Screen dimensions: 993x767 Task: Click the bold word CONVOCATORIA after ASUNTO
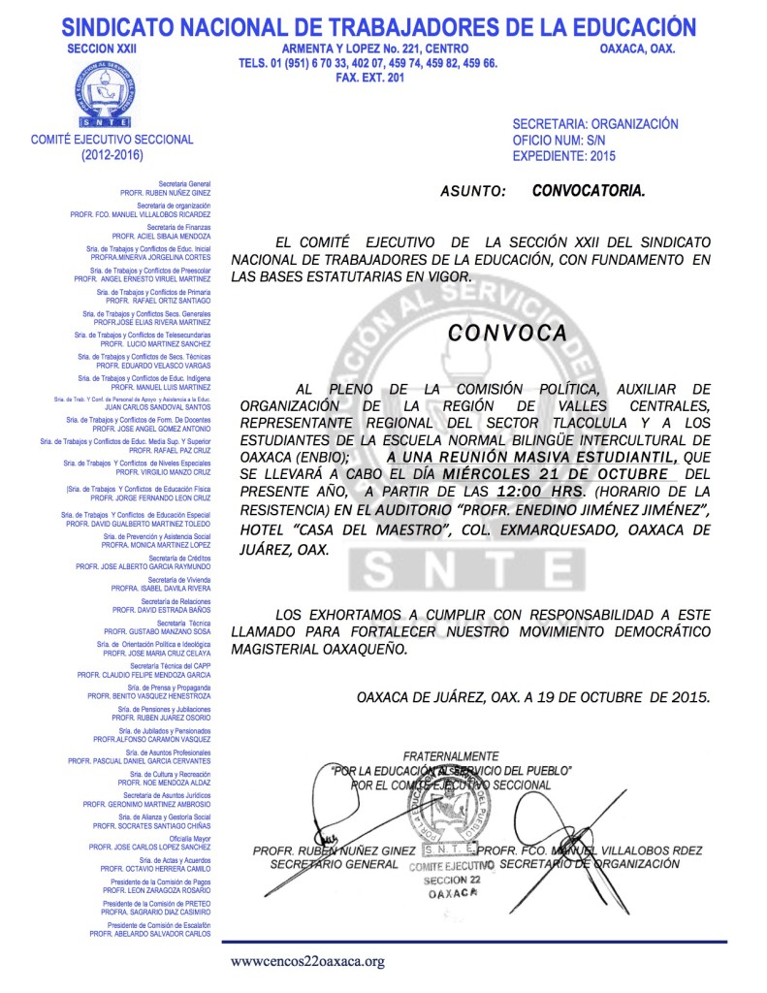[588, 191]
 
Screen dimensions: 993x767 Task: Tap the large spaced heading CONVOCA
[507, 333]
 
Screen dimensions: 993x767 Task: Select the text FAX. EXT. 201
[368, 79]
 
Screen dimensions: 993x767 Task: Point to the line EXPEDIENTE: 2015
[563, 156]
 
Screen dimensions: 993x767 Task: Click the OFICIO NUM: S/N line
[561, 141]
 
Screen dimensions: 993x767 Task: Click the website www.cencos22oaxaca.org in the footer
[307, 962]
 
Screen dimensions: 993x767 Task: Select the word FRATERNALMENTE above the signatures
[450, 755]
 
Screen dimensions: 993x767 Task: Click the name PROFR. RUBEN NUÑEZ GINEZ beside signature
[327, 850]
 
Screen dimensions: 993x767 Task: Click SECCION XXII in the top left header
[96, 48]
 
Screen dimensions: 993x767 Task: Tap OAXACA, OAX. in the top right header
[637, 48]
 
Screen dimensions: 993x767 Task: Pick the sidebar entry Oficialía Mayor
[190, 838]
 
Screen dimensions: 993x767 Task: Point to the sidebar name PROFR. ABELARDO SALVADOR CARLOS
[150, 933]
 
